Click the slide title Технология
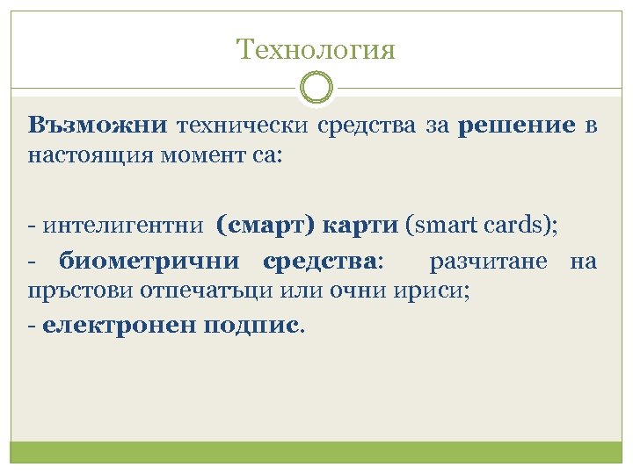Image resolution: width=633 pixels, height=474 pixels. click(316, 49)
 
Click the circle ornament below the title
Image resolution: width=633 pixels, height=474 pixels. click(316, 88)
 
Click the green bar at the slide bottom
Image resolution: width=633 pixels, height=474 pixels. click(316, 451)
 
